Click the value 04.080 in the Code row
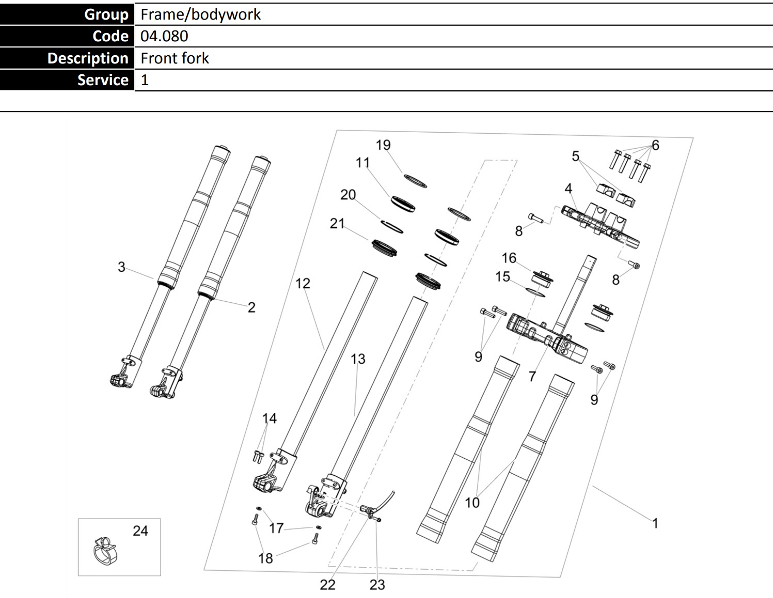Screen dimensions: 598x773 [x=164, y=36]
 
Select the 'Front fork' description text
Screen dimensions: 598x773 [x=174, y=58]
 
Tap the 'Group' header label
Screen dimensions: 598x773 [x=106, y=14]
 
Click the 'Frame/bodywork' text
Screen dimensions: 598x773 [x=200, y=14]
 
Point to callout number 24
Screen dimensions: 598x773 [x=140, y=530]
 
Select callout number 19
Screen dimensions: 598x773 [x=383, y=145]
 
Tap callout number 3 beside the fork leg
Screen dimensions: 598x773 [x=121, y=267]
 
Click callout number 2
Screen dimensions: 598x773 [x=251, y=308]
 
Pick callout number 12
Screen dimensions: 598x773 [x=303, y=283]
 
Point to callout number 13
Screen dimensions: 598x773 [x=358, y=359]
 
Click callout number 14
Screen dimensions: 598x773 [x=269, y=418]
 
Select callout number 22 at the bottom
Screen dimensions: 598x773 [x=328, y=585]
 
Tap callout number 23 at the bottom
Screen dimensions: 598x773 [x=377, y=585]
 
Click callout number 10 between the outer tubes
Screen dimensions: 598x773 [x=472, y=502]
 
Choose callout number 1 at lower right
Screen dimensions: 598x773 [x=655, y=523]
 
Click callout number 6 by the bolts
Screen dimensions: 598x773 [x=655, y=145]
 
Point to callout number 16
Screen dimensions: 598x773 [x=509, y=257]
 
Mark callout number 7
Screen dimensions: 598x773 [x=532, y=377]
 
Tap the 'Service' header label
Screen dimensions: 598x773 [x=102, y=80]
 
